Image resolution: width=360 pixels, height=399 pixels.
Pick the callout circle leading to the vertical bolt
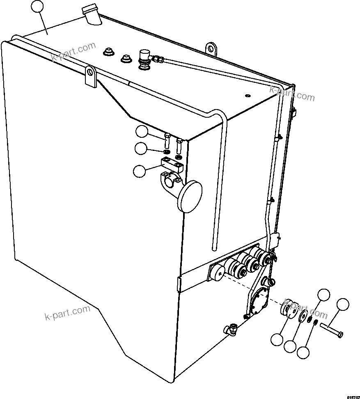(x=142, y=132)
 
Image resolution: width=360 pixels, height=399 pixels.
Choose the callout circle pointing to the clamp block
(x=140, y=171)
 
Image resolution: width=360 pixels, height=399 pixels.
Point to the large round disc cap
(x=190, y=197)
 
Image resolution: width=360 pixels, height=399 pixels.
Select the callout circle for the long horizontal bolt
(x=343, y=304)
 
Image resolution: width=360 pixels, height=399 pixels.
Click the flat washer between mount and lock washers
(x=304, y=317)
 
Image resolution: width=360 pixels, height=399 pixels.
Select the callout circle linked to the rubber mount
(x=277, y=339)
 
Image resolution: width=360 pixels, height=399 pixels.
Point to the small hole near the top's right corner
(x=247, y=96)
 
